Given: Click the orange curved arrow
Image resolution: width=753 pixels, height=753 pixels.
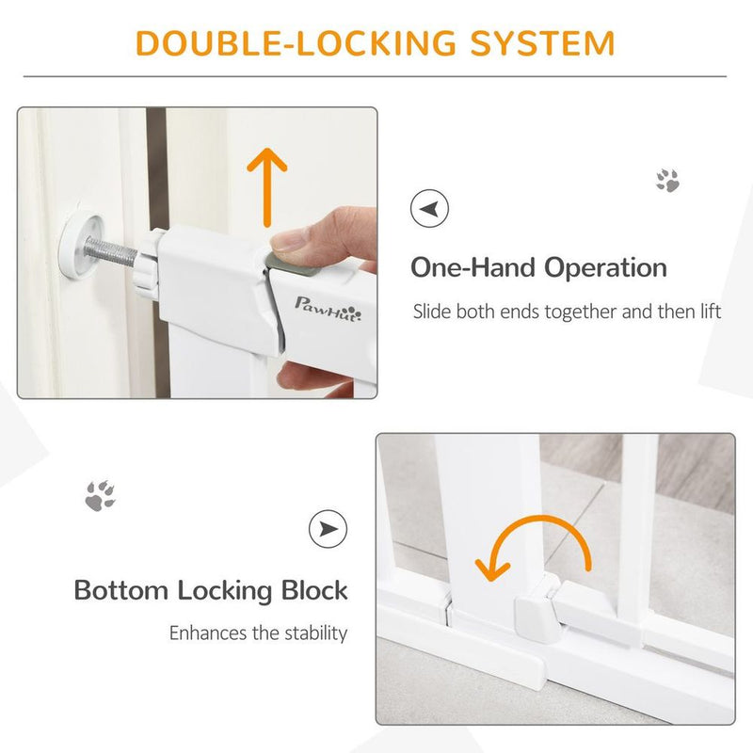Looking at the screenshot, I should tap(533, 549).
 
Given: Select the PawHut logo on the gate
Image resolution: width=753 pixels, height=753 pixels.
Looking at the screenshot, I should tap(324, 304).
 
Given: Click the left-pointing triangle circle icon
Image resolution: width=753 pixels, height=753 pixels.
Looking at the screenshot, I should tap(430, 207).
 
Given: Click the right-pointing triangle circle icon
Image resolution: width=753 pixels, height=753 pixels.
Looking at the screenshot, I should tap(328, 530).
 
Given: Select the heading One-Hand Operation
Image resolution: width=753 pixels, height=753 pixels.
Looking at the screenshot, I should tap(538, 267).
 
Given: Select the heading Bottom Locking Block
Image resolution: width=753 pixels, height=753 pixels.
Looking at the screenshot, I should tap(211, 591).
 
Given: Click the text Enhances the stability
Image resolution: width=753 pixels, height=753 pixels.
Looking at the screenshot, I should tap(258, 633).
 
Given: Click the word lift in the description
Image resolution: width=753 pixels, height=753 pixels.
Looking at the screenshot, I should tap(709, 311).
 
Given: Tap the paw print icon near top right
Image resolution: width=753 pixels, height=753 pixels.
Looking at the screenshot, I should tap(667, 181).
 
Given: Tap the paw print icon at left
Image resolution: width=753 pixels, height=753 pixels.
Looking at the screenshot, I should tap(100, 495).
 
